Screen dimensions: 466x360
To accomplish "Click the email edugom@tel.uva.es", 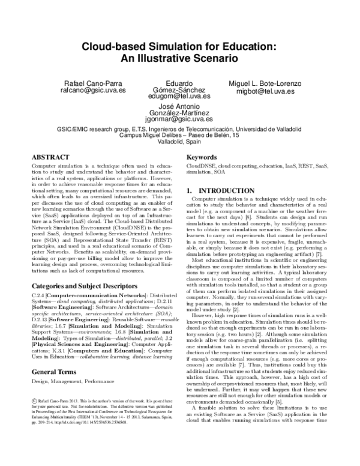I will [180, 95].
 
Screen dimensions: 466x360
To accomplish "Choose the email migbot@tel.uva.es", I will [265, 91].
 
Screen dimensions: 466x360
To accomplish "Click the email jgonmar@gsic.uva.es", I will [180, 119].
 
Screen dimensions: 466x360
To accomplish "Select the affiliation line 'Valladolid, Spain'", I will [180, 142].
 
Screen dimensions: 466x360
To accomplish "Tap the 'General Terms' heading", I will [58, 354].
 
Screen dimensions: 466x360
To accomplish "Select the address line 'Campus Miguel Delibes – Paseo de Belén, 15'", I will [180, 136].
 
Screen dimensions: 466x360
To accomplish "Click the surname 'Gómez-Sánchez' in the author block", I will [180, 89].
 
